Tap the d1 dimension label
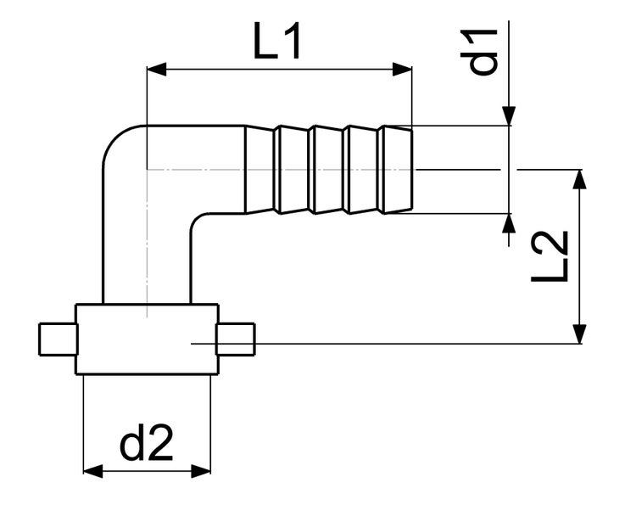484,52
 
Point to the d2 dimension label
146,443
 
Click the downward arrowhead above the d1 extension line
509,115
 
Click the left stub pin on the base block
58,339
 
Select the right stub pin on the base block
235,339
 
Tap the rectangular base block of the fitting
146,339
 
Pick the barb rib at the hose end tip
397,170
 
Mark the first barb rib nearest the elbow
291,170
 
